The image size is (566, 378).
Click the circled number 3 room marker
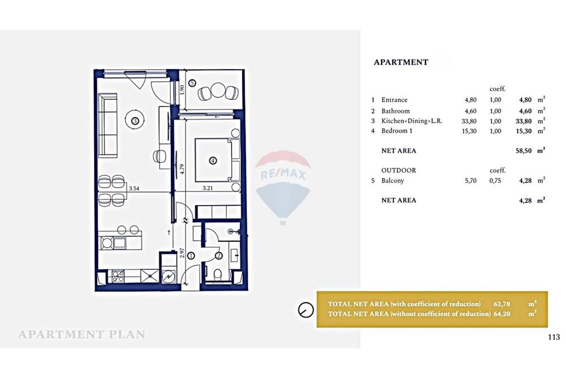tap(135, 120)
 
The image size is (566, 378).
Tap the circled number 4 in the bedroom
tap(213, 160)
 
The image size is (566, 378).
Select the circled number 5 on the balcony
tap(192, 83)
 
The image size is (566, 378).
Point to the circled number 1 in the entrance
tap(191, 256)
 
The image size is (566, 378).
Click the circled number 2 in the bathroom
tap(218, 256)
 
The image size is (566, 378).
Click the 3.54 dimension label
tap(134, 188)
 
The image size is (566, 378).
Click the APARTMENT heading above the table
tap(401, 62)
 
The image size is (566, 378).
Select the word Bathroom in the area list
tap(395, 111)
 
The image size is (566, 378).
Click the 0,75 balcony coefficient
tap(496, 181)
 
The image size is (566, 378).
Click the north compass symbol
tap(306, 309)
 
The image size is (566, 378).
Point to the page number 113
tap(554, 337)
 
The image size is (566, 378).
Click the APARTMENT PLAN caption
tap(82, 334)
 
